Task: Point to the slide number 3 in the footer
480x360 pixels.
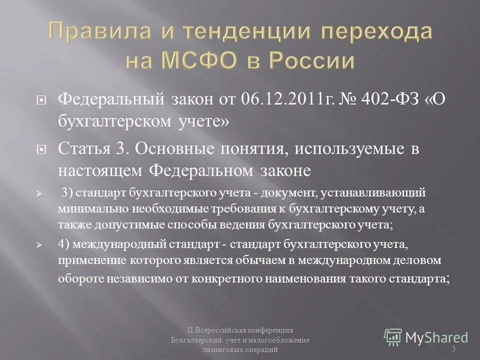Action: point(453,348)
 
